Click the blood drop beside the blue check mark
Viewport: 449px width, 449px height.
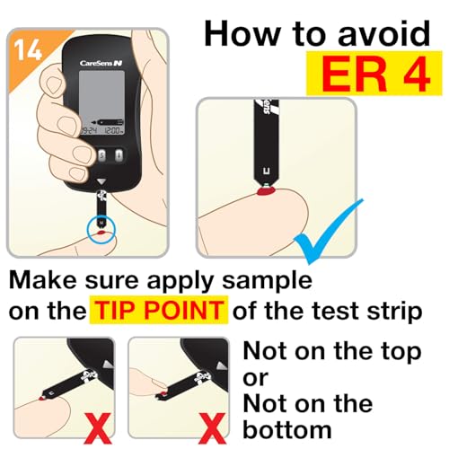(266, 190)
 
